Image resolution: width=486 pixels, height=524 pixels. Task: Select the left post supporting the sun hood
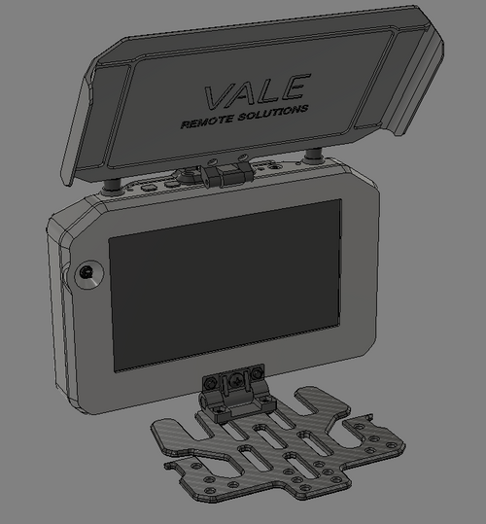pos(114,183)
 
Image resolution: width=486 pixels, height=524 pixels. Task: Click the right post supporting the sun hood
pos(313,155)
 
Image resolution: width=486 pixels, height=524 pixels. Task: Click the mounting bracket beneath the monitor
pos(233,395)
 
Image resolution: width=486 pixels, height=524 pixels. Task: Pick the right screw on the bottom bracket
pos(258,375)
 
